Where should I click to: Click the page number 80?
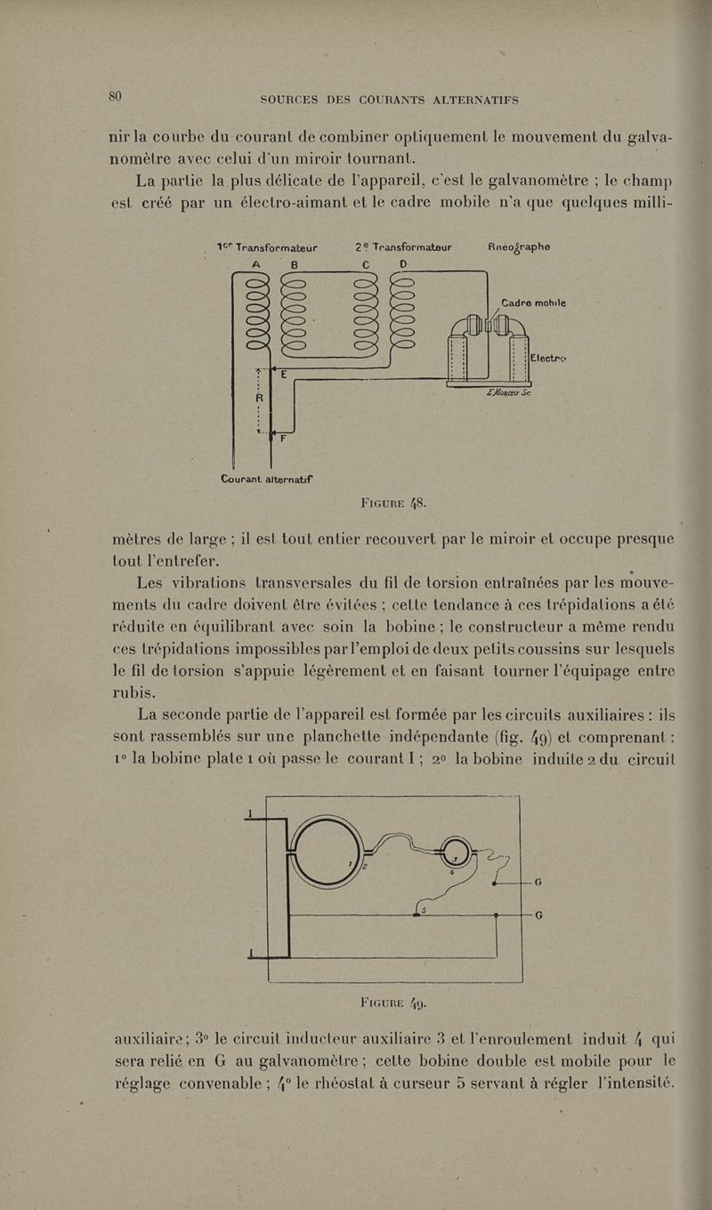115,97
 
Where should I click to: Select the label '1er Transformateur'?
266,250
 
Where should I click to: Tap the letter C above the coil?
366,265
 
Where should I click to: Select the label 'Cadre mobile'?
534,302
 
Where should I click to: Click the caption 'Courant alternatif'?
271,479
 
